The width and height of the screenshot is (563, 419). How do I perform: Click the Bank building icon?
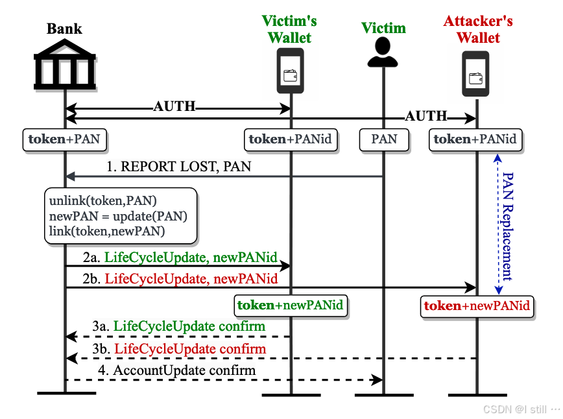(x=65, y=64)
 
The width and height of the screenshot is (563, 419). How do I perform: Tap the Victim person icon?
(x=383, y=53)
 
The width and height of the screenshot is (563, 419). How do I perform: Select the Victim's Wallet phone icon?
(x=290, y=71)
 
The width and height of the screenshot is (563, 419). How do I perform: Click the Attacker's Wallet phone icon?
(x=475, y=73)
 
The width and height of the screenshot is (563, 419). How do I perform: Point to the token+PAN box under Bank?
(x=65, y=139)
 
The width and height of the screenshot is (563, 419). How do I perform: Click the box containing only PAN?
(x=384, y=139)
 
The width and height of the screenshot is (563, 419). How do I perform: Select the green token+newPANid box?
(x=291, y=305)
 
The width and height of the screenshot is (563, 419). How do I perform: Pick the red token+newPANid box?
(x=477, y=306)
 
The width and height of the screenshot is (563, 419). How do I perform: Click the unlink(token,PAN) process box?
(x=121, y=216)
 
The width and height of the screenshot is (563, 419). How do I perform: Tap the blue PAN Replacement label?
(x=508, y=226)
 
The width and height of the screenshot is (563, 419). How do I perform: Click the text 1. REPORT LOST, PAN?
(x=178, y=167)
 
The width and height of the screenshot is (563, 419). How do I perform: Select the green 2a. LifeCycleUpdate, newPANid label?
(x=180, y=257)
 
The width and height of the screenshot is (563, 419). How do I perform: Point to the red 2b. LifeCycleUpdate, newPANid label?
(x=180, y=279)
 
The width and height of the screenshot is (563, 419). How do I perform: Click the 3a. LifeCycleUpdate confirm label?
(x=179, y=326)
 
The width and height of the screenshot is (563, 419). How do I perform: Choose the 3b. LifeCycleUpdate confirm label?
(x=179, y=349)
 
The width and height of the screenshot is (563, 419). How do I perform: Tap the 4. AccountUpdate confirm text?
(x=176, y=370)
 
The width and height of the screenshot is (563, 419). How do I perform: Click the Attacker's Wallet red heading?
(x=478, y=29)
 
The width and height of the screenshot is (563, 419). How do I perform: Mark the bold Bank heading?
(x=64, y=29)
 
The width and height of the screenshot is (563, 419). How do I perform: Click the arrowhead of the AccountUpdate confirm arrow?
(x=377, y=380)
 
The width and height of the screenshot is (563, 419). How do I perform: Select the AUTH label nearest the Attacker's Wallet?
(x=426, y=116)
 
